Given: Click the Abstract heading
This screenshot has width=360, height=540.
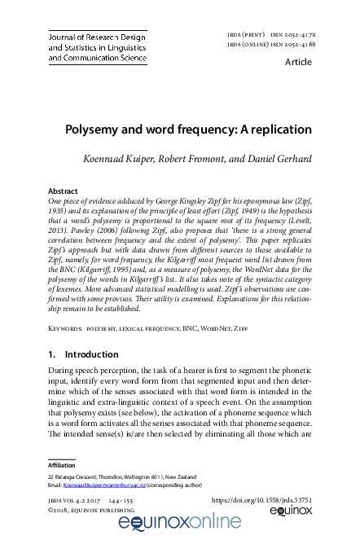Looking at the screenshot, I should coord(64,191).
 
